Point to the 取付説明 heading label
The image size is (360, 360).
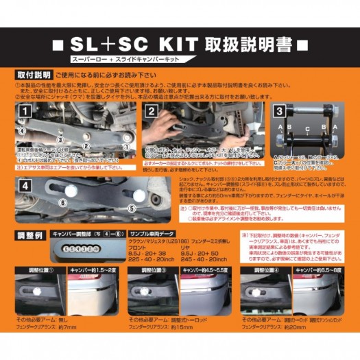32,74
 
